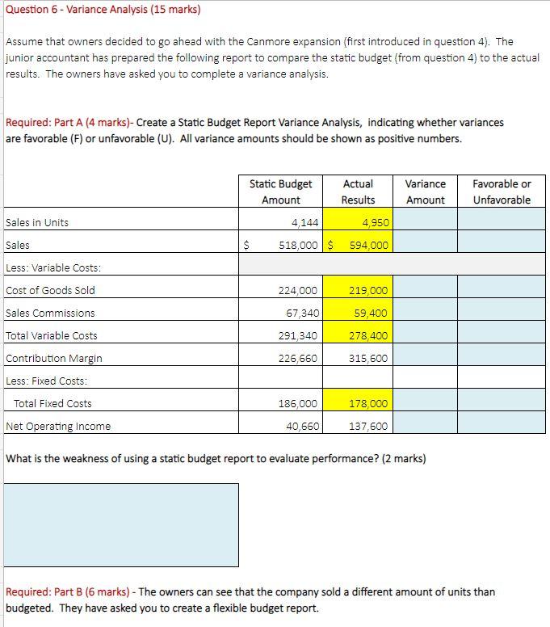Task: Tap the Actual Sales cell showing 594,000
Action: tap(368, 245)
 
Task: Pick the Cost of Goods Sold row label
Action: tap(50, 290)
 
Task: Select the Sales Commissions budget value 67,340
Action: tap(300, 313)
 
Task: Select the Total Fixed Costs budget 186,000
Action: tap(297, 403)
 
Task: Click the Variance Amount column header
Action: tap(426, 191)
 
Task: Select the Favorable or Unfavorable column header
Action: tap(502, 191)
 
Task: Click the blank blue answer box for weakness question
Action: tap(121, 524)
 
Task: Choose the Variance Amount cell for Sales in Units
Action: tap(426, 222)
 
